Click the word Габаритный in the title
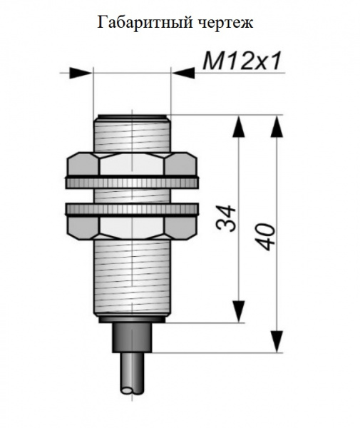point(143,23)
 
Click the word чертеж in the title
point(223,23)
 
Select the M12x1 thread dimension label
point(242,61)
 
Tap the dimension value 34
point(226,219)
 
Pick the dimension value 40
point(264,237)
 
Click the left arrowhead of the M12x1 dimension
point(81,73)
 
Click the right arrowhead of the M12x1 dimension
point(183,73)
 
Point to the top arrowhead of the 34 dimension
point(239,126)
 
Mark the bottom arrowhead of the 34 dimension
point(239,311)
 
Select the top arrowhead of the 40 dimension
point(277,126)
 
